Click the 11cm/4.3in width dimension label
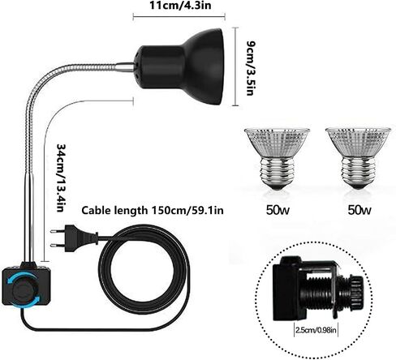[x=180, y=5]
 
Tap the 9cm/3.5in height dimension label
[x=251, y=68]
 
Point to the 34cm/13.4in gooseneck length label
[x=61, y=178]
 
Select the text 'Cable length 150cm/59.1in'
[x=153, y=210]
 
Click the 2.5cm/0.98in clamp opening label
[x=316, y=330]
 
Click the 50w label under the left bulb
[x=278, y=210]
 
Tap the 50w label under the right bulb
[x=359, y=210]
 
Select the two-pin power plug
[x=74, y=238]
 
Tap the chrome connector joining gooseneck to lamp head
[x=125, y=67]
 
